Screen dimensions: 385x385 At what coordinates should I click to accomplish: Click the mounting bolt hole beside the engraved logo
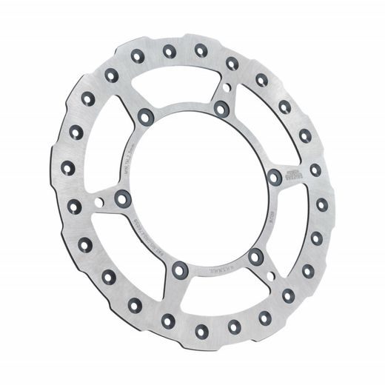[275, 176]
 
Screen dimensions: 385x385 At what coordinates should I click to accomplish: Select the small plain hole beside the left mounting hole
[100, 201]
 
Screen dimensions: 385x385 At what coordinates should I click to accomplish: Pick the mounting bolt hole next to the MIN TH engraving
[145, 115]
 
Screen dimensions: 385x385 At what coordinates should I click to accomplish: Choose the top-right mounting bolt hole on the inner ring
[221, 108]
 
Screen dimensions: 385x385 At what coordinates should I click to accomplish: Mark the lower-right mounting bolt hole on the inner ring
[256, 257]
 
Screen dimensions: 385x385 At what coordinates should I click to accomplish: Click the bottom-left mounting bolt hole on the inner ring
[180, 271]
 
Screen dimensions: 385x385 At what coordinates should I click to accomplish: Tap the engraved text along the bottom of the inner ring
[222, 274]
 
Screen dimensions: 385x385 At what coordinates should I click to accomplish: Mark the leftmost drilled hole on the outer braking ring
[68, 166]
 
